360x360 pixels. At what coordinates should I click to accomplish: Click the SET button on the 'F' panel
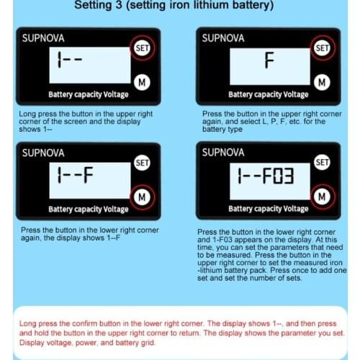click(x=322, y=48)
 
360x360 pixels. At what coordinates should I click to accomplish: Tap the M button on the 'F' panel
click(x=322, y=81)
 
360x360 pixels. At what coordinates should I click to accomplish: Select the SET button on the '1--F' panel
click(x=142, y=163)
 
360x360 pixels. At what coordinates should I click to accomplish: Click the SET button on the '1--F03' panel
click(x=322, y=163)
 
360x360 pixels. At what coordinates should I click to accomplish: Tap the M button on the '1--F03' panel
click(x=322, y=196)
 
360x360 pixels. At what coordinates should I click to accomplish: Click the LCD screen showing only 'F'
click(x=269, y=63)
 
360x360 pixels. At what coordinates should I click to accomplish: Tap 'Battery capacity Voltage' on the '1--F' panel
click(x=88, y=209)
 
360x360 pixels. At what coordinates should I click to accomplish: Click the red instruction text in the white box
click(x=180, y=327)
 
